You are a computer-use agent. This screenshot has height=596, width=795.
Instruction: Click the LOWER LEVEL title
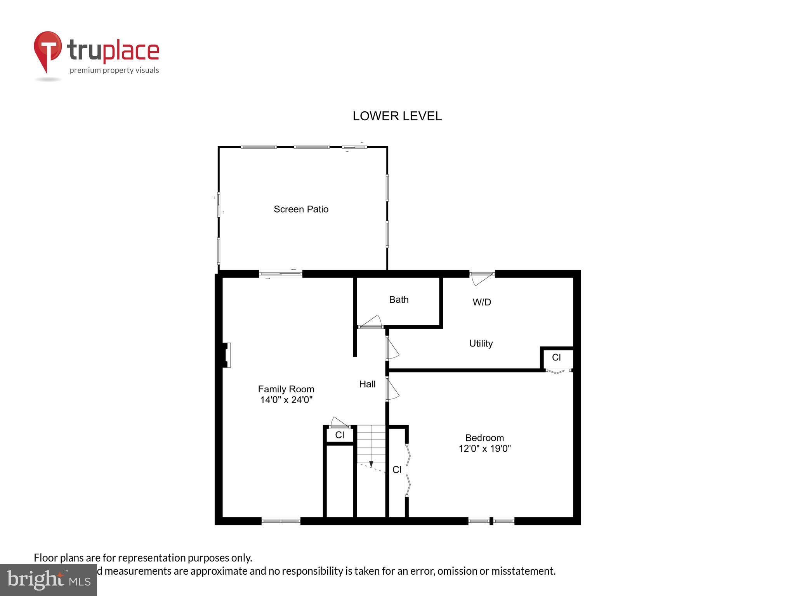click(x=397, y=116)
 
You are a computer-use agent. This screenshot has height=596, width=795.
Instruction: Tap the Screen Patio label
click(x=301, y=209)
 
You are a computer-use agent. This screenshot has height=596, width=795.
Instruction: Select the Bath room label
click(x=399, y=300)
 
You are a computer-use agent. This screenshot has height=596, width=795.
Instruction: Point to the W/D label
click(x=482, y=302)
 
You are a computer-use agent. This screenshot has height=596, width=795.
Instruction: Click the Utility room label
click(x=481, y=343)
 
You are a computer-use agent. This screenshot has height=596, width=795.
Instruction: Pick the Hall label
click(x=367, y=384)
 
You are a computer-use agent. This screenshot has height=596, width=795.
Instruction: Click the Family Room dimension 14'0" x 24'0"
click(x=286, y=400)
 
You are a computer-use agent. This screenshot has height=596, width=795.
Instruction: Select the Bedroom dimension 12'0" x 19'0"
click(x=484, y=449)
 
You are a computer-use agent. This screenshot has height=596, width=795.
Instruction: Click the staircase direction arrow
click(x=371, y=464)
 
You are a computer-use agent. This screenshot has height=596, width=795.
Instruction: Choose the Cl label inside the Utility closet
click(x=556, y=357)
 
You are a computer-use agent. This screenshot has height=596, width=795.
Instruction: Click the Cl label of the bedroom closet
click(x=397, y=470)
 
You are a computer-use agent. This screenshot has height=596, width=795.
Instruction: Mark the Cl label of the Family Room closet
click(x=340, y=435)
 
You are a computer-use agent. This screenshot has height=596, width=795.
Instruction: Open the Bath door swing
click(x=371, y=322)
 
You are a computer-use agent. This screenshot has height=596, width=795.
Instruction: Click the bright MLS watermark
click(x=49, y=580)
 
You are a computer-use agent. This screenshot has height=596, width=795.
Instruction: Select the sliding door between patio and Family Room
click(x=280, y=274)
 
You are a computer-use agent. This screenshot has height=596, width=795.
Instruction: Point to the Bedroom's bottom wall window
click(x=491, y=521)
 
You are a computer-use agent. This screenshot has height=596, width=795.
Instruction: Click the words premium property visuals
click(x=114, y=70)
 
